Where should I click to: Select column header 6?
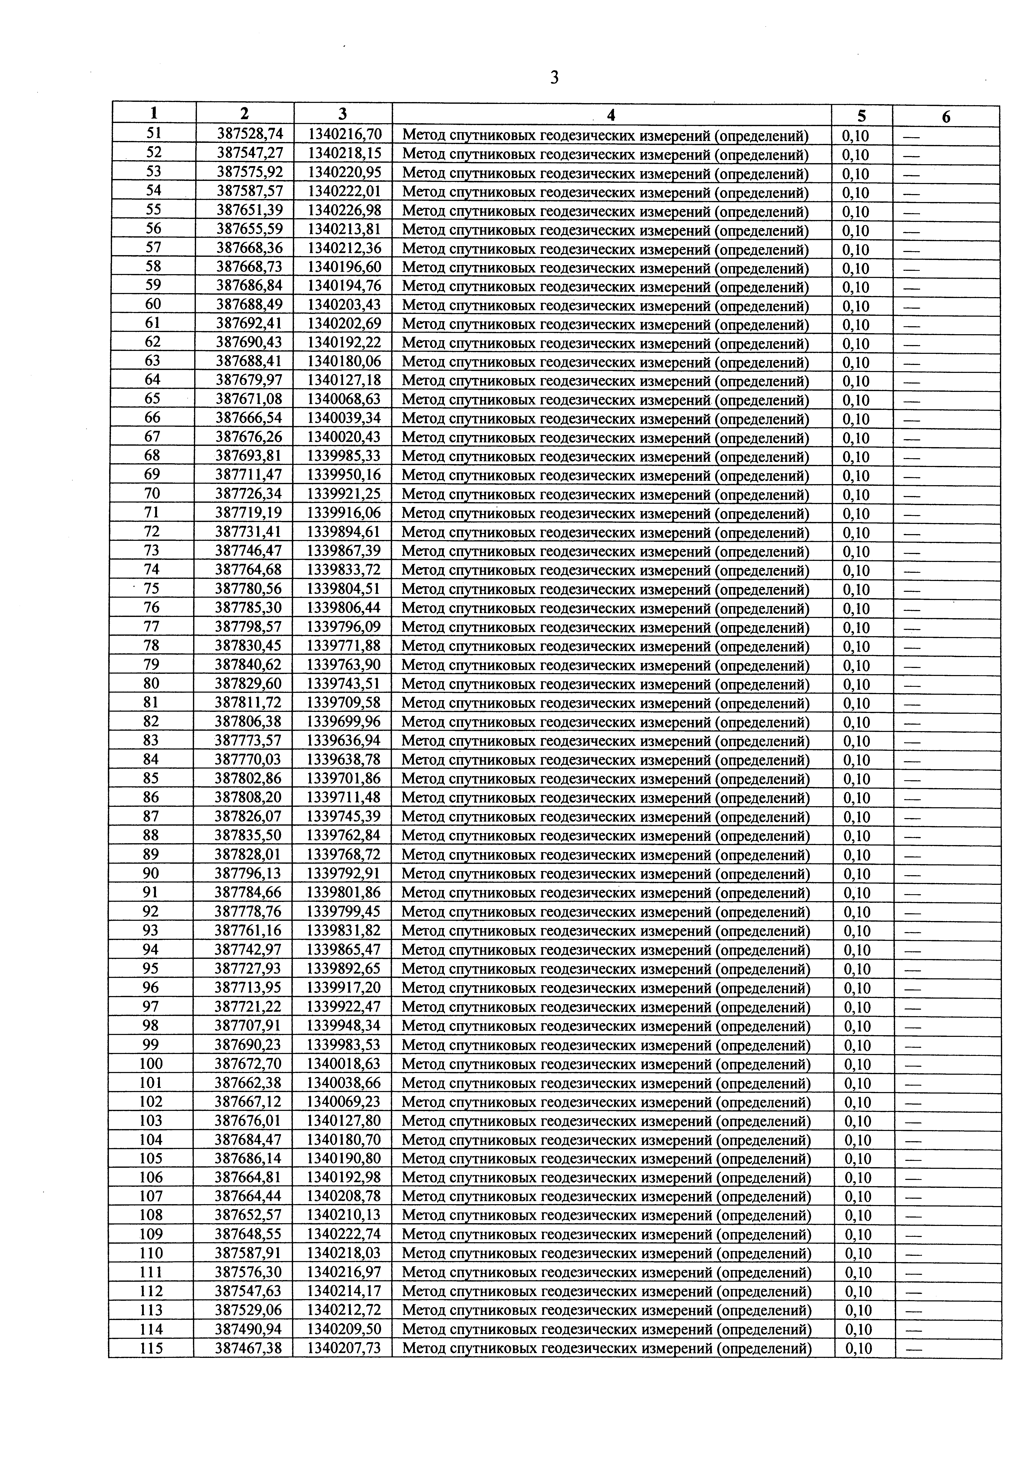946,117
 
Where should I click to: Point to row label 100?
151,1064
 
